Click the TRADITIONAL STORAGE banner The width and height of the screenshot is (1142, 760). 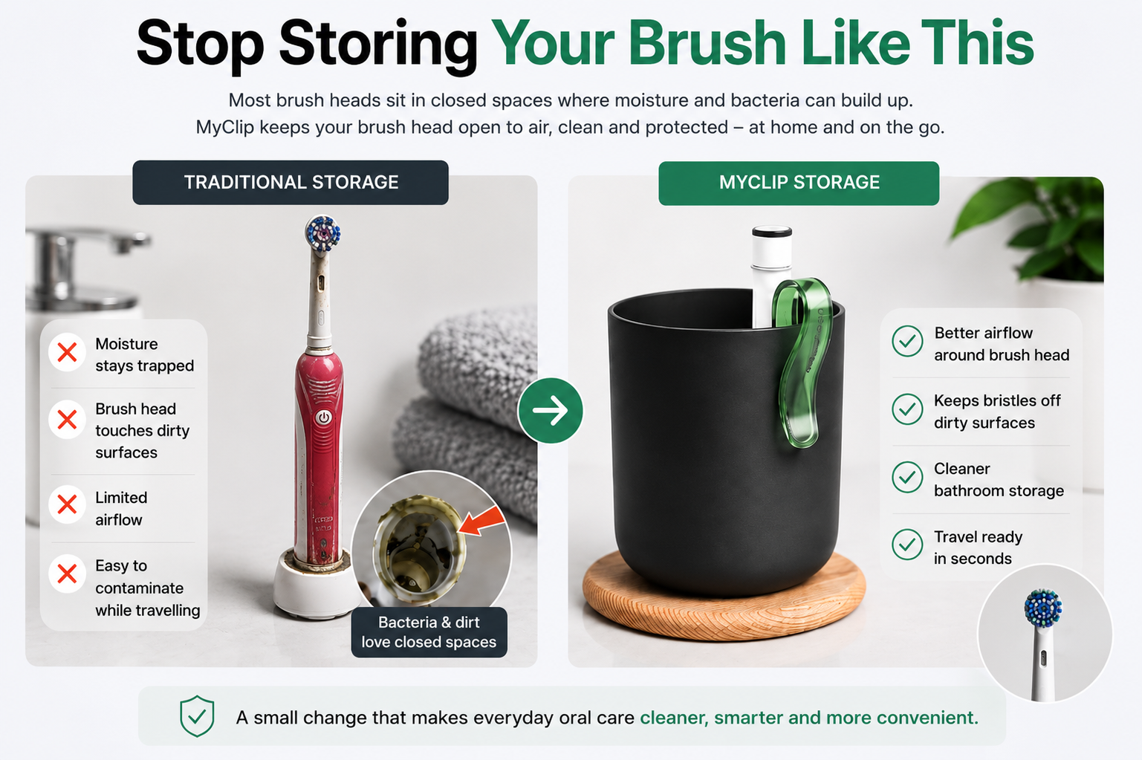coord(291,183)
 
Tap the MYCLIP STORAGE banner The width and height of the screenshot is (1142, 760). coord(799,183)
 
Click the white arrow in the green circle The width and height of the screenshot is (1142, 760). coord(550,410)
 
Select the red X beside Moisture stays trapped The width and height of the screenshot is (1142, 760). coord(67,352)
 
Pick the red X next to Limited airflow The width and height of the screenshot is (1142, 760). coord(67,505)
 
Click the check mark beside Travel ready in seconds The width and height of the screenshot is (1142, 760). coord(907,545)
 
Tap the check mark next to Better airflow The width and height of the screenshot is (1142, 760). coord(907,340)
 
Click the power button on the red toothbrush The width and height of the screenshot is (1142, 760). coord(322,418)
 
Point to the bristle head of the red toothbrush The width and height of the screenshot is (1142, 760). coord(322,233)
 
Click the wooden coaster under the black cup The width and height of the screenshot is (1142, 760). coord(724,597)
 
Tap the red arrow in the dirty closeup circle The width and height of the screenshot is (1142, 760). coord(482,521)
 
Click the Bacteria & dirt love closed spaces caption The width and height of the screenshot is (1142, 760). coord(429,632)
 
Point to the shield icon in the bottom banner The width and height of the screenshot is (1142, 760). coord(197,716)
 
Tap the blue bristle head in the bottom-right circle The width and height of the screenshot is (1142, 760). coord(1043,608)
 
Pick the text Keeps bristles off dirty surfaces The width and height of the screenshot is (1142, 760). coord(997,412)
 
